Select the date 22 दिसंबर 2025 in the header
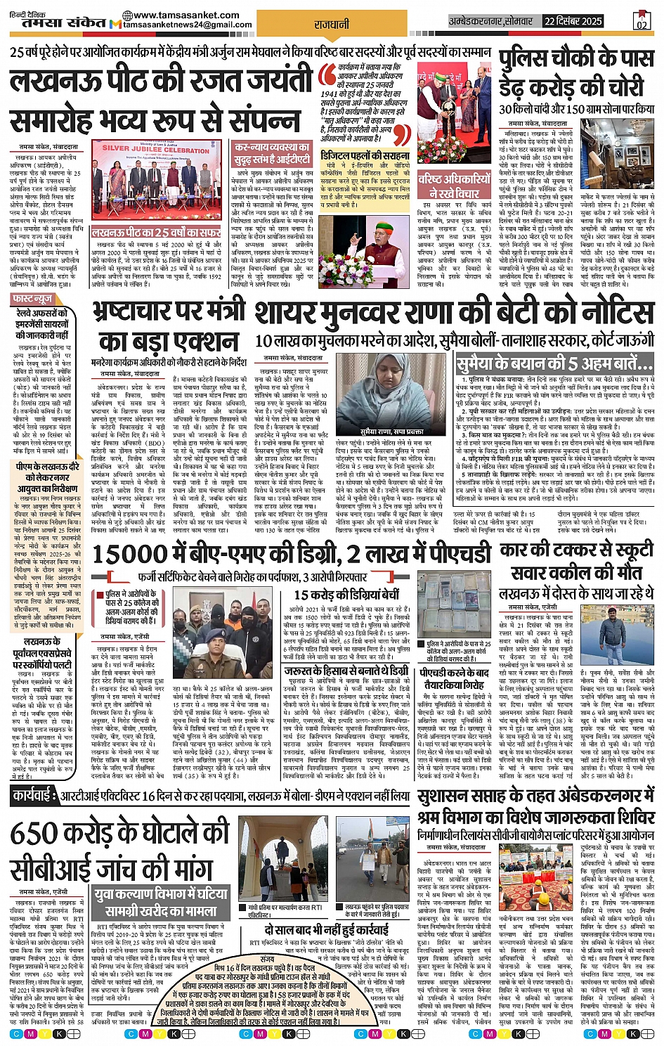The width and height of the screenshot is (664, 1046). click(573, 21)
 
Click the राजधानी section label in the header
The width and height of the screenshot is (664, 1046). click(332, 24)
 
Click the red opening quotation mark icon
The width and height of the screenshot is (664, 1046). click(327, 72)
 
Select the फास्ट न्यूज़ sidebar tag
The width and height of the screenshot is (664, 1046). click(34, 299)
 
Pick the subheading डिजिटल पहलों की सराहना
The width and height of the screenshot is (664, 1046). click(365, 155)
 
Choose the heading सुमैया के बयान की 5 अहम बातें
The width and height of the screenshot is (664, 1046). click(554, 364)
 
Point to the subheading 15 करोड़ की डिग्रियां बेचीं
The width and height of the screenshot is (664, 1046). click(346, 595)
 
